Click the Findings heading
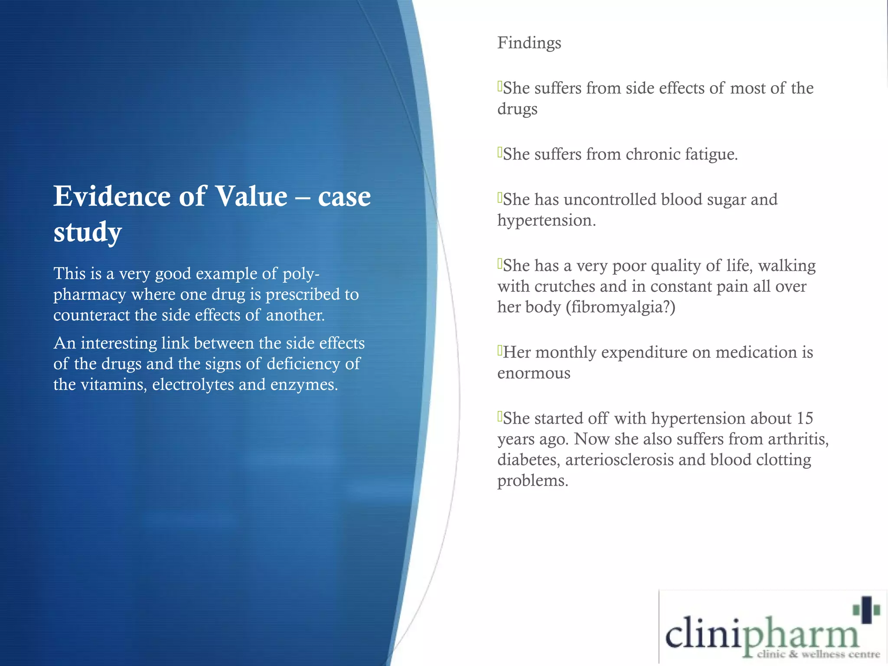pos(529,43)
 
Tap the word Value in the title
pos(251,196)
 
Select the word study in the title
pos(88,232)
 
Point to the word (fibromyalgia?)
pos(620,307)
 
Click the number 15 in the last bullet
pos(805,418)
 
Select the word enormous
pos(534,373)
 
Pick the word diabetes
pos(529,460)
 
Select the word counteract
pos(91,315)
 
